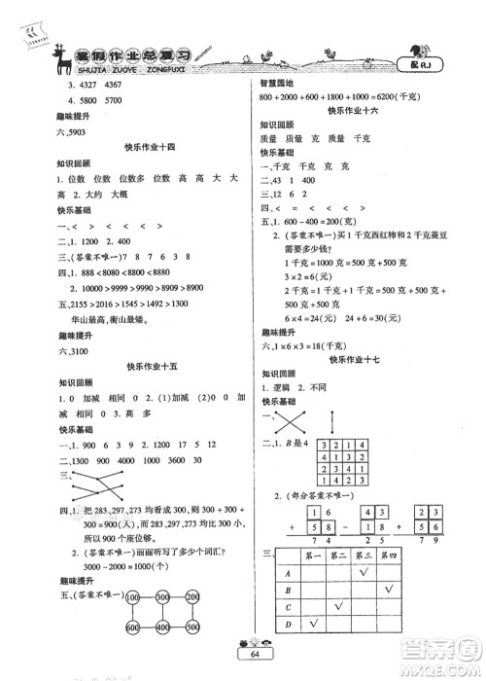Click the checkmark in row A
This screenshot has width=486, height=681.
364,572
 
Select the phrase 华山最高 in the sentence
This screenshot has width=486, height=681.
80,316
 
